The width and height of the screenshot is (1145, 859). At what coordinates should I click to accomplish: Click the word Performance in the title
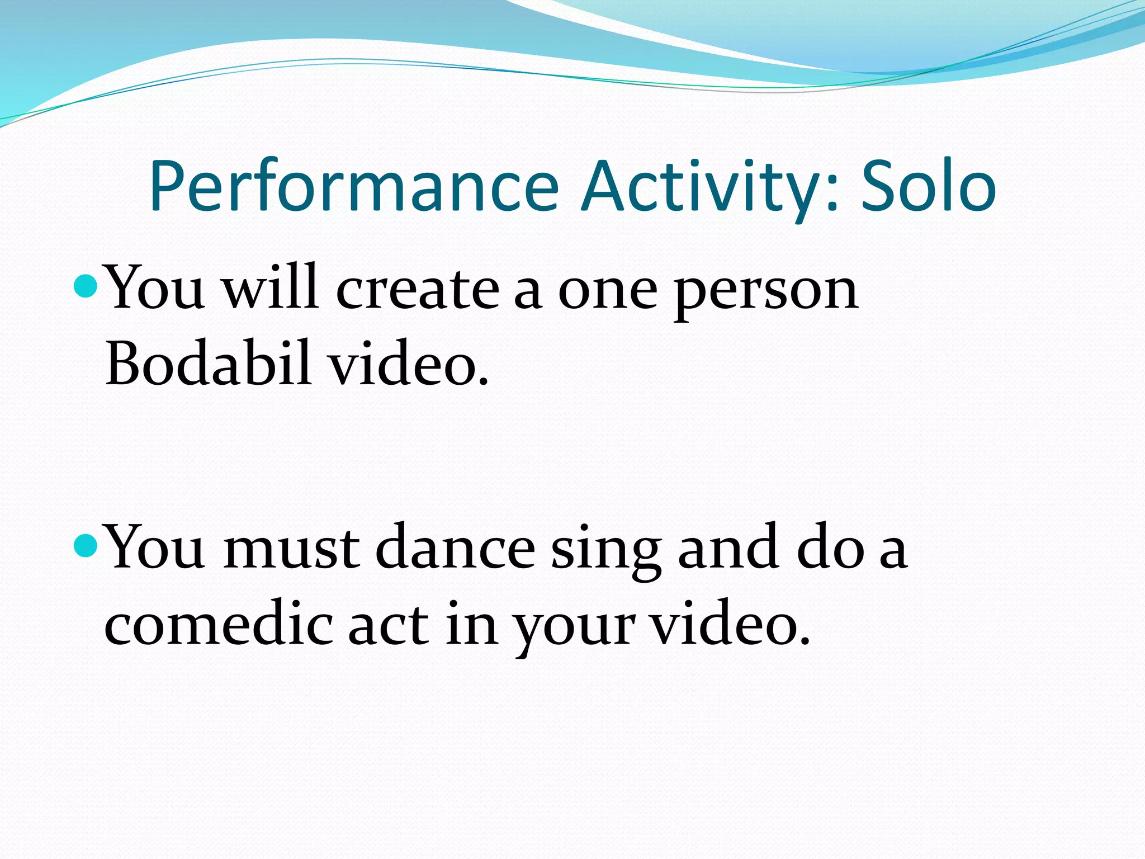[353, 187]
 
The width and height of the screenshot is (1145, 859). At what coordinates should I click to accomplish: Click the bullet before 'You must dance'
[86, 545]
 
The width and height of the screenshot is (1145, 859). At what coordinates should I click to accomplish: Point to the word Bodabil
[208, 364]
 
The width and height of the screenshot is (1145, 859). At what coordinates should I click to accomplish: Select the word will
[271, 288]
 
